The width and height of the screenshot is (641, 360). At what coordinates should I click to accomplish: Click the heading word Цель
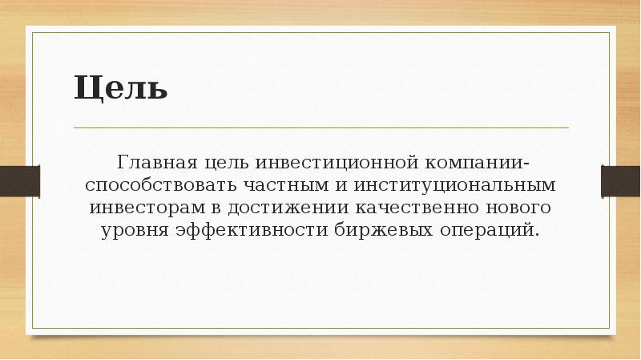click(121, 87)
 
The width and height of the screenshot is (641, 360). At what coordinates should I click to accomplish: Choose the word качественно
click(420, 208)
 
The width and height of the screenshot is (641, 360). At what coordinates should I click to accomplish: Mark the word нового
click(522, 208)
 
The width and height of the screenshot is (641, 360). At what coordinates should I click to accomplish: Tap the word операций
click(494, 230)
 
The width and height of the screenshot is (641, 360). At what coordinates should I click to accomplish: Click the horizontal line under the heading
click(320, 127)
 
